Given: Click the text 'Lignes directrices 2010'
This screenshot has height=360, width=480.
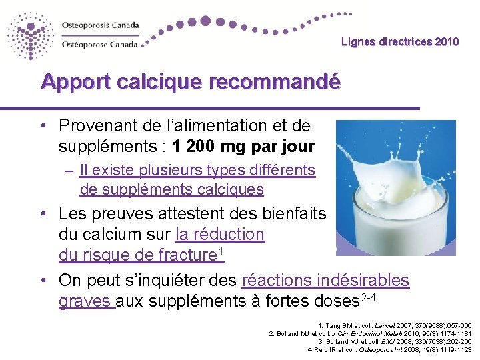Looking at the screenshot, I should point(400,42).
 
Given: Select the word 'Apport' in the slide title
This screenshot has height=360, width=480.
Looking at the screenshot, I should point(74,82).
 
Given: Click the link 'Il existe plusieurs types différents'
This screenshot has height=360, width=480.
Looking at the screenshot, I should point(197,170).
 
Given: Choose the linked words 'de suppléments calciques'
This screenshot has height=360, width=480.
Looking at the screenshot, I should point(171,190).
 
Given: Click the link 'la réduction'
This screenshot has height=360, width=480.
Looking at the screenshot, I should point(220,235).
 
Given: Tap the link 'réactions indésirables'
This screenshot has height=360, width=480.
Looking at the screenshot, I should point(325,281).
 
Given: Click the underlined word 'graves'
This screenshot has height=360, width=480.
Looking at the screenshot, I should point(87,301).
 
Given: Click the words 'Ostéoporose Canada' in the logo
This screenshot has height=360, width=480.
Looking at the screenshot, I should point(99,45).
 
